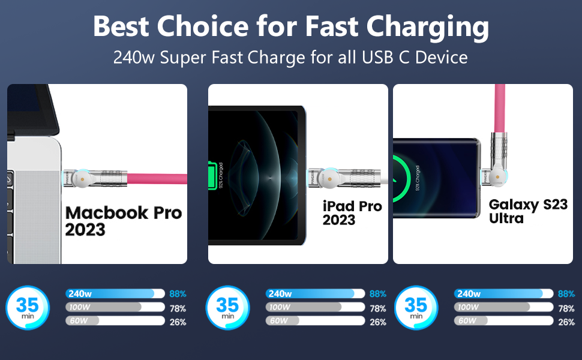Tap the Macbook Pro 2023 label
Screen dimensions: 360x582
click(x=123, y=221)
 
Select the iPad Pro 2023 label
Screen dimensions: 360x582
click(x=352, y=213)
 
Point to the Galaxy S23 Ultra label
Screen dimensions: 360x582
click(x=527, y=211)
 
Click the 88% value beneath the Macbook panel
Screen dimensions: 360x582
click(x=178, y=294)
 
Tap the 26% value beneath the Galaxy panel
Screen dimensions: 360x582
click(x=566, y=322)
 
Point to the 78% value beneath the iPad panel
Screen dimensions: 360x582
click(x=378, y=308)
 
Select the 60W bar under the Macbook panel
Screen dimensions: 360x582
click(x=114, y=321)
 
